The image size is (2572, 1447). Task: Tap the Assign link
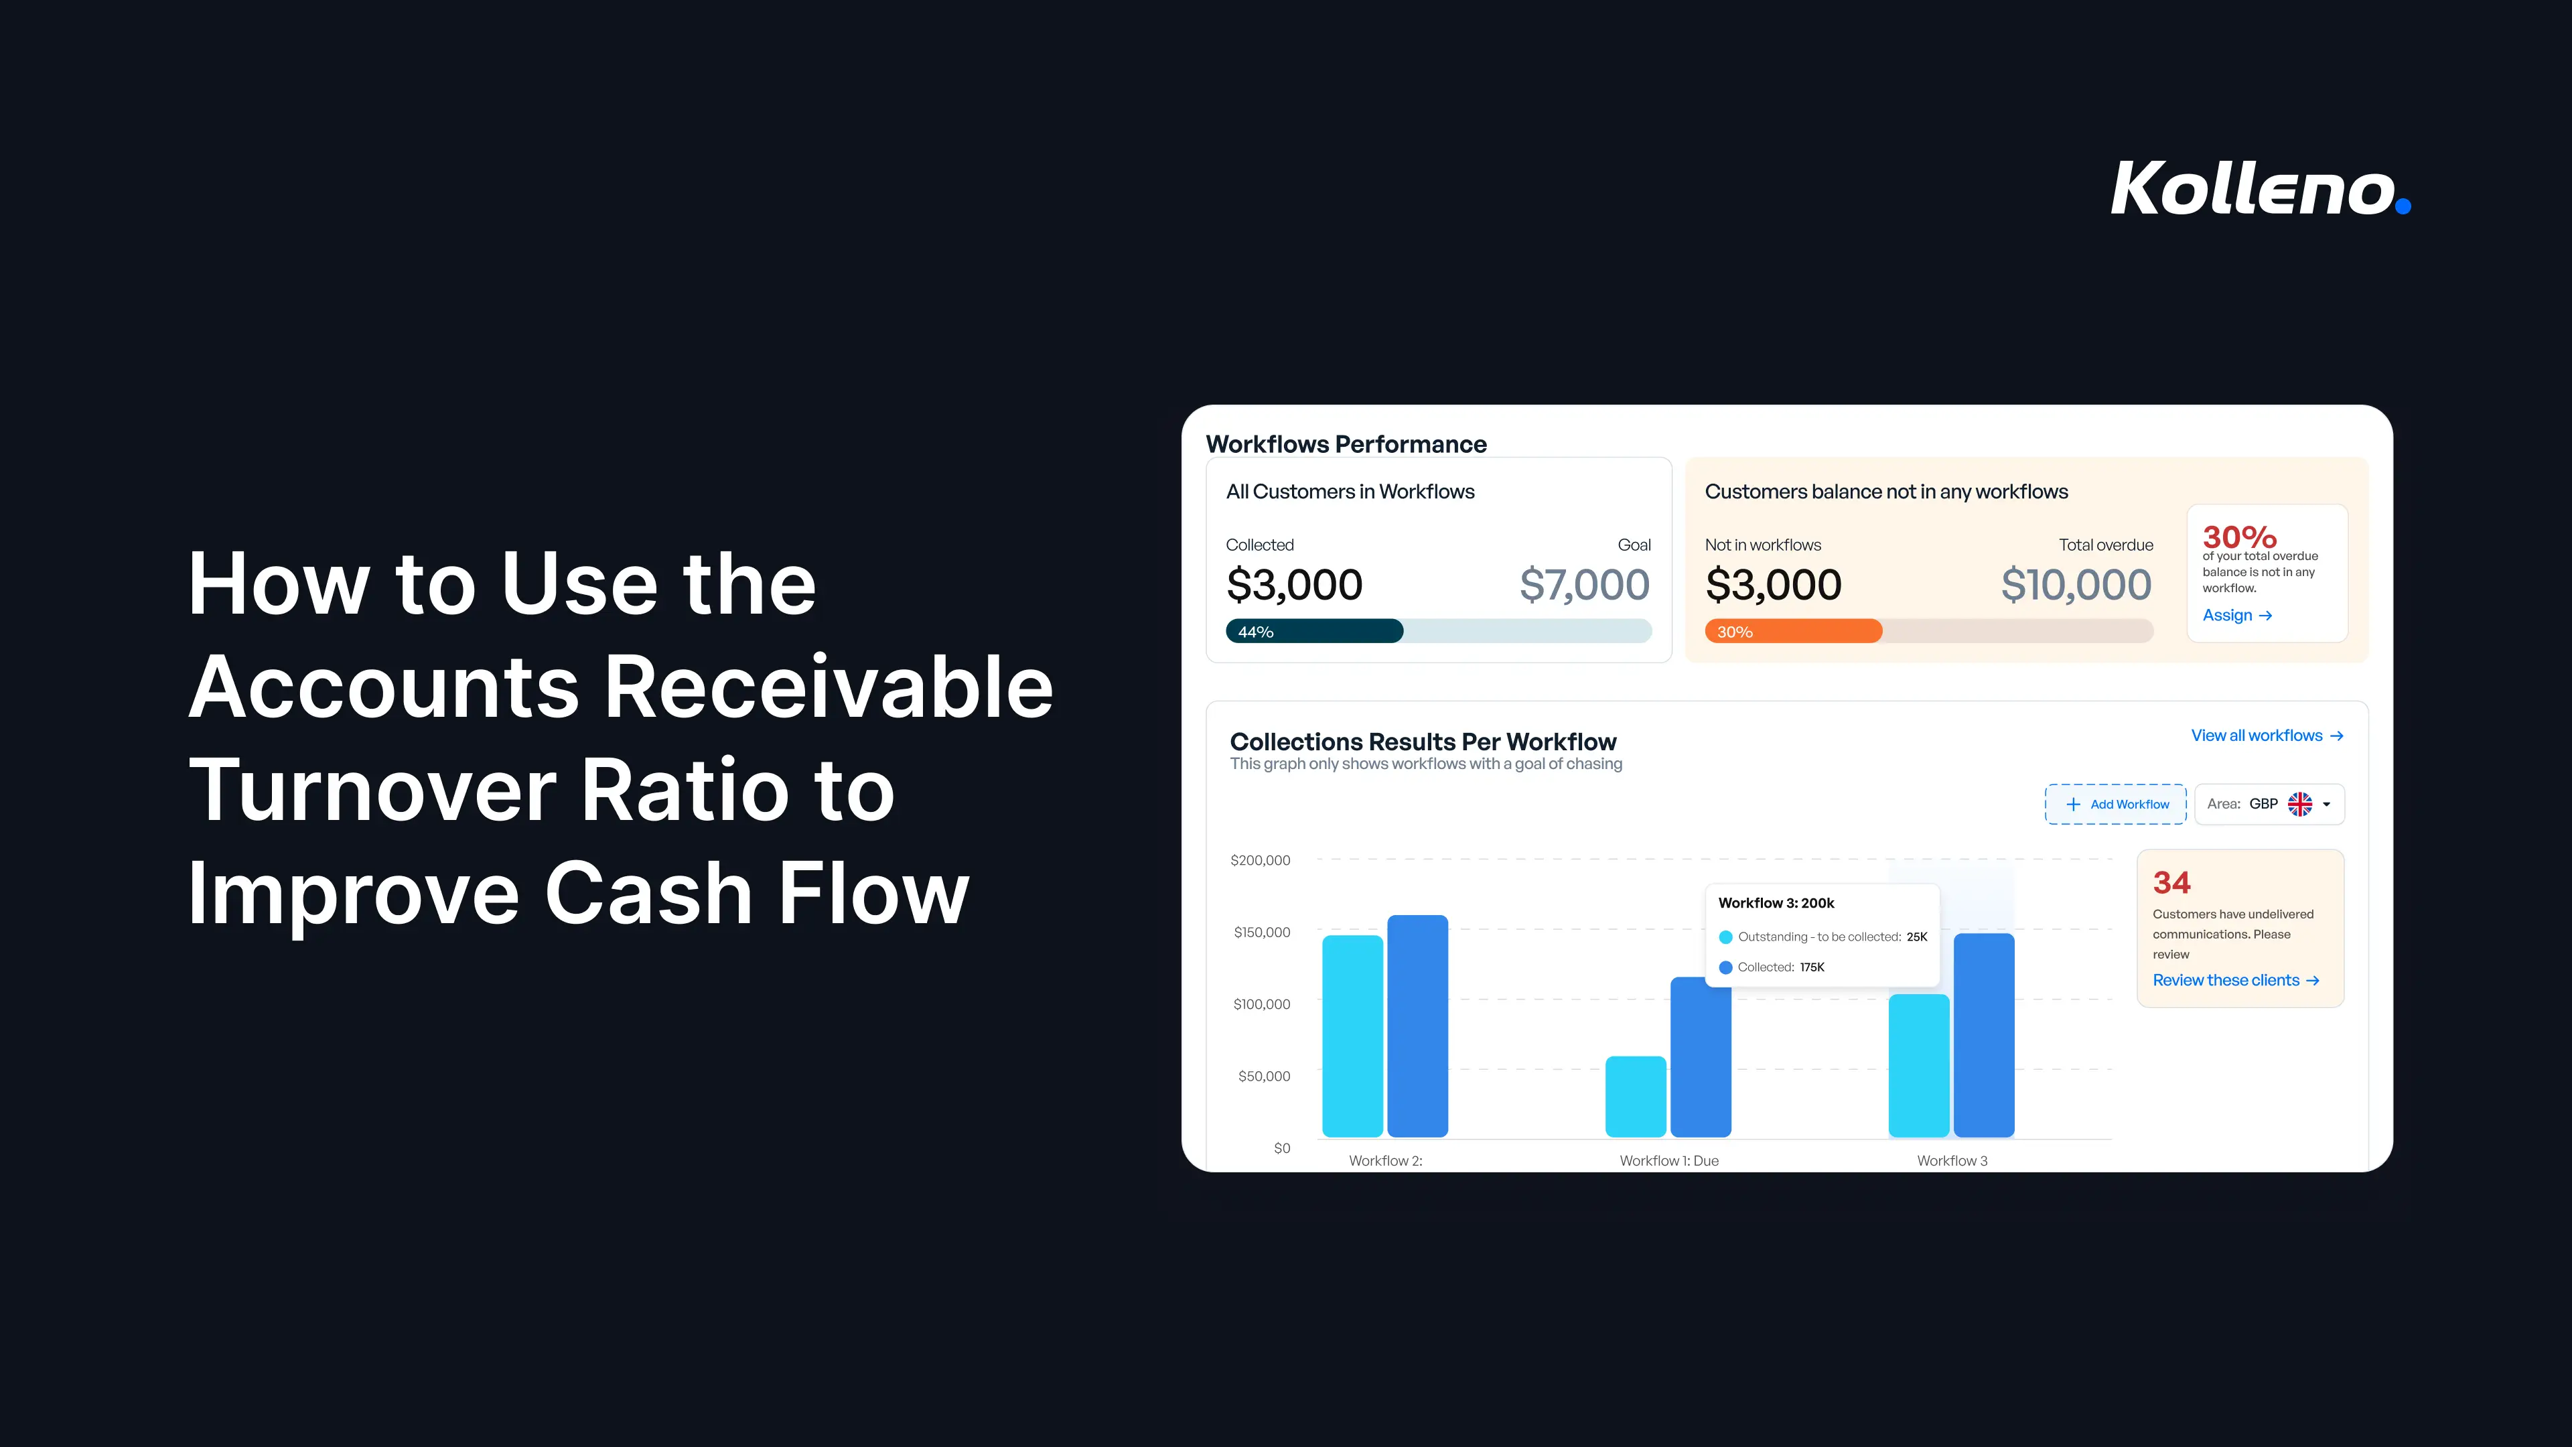pyautogui.click(x=2236, y=615)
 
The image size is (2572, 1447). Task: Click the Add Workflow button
pyautogui.click(x=2116, y=804)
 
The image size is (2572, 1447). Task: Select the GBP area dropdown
pyautogui.click(x=2269, y=804)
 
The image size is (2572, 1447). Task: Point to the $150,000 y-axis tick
pyautogui.click(x=1262, y=932)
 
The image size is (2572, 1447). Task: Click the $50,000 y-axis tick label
pyautogui.click(x=1264, y=1075)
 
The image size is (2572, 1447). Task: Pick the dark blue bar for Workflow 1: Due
pyautogui.click(x=1701, y=1056)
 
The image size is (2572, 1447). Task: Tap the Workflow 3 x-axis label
pyautogui.click(x=1952, y=1160)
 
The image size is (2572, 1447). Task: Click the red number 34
pyautogui.click(x=2171, y=883)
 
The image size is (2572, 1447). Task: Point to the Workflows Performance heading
pyautogui.click(x=1346, y=444)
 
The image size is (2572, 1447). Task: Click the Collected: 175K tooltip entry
pyautogui.click(x=1772, y=967)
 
